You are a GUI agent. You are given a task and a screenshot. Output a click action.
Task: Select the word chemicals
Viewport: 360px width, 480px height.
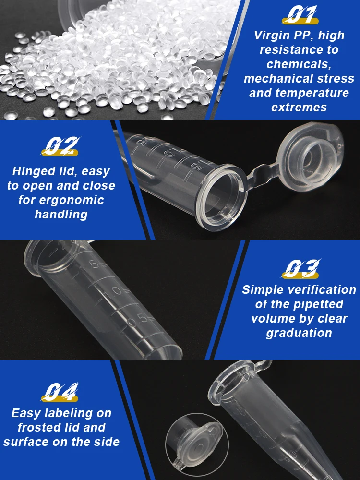(x=299, y=64)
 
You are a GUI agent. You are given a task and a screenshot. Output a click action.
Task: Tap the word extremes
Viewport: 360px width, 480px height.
(x=299, y=108)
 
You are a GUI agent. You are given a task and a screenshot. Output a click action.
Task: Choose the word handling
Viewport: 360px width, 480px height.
(x=61, y=215)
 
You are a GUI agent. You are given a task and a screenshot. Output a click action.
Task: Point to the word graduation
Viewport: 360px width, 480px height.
(x=299, y=333)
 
